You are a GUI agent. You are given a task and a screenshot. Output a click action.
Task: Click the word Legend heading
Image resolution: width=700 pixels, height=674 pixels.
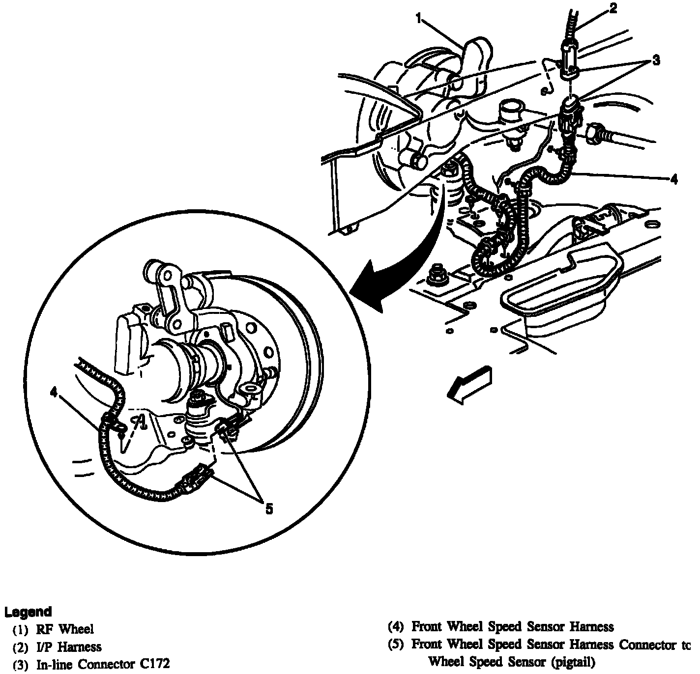28,612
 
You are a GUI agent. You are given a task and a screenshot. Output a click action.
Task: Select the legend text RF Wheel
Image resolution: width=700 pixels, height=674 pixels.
64,629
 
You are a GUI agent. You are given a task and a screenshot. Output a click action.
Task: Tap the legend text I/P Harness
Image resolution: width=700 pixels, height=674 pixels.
68,646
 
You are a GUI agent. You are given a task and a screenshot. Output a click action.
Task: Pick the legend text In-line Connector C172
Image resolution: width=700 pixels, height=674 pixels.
103,664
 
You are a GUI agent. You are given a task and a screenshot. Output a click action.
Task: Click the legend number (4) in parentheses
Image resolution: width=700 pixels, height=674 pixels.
396,626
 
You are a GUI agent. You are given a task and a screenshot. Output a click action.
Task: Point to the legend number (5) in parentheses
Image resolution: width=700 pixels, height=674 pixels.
396,644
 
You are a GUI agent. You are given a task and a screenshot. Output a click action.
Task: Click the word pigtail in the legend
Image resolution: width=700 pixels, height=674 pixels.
573,662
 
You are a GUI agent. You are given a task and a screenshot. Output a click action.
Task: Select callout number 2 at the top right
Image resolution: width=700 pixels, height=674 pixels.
612,8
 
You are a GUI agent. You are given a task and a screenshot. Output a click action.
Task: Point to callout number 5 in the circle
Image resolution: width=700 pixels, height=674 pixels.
268,509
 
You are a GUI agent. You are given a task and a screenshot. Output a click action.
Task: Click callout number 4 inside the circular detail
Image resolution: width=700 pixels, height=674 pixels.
53,392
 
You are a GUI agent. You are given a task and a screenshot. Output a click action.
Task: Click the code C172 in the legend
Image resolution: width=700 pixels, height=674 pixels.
153,664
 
